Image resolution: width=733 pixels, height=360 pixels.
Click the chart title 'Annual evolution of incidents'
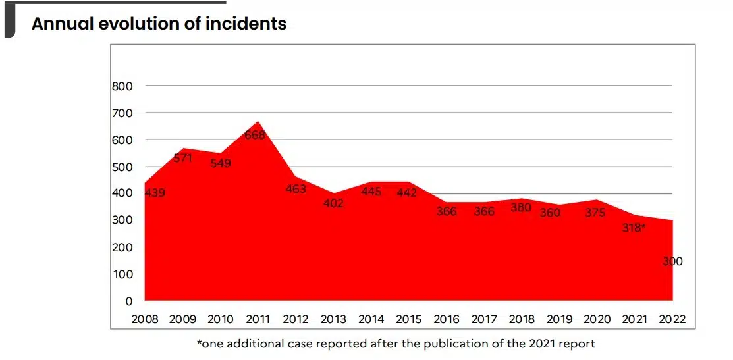pos(159,24)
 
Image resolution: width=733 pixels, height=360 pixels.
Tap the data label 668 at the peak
pos(255,136)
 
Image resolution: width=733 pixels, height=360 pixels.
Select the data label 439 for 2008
pos(155,193)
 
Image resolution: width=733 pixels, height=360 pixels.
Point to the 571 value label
pos(182,158)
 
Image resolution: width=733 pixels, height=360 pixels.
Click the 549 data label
pos(221,163)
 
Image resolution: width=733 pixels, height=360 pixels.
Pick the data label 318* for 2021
pos(634,228)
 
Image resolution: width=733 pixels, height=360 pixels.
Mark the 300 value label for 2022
pos(672,261)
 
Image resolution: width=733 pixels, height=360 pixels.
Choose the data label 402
pos(333,203)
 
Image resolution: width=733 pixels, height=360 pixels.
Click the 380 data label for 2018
pos(522,207)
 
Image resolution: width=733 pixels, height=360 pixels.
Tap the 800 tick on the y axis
pos(124,86)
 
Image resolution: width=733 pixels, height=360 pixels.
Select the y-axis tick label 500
pos(124,167)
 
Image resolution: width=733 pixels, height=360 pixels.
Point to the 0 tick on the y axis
pos(129,301)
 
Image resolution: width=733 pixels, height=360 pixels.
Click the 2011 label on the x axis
pos(258,320)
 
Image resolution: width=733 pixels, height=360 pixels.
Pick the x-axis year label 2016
pos(447,320)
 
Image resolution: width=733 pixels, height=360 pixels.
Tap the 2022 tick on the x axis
pos(672,320)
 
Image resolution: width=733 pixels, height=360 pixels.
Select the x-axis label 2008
pos(145,320)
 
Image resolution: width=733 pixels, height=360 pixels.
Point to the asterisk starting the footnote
pos(199,342)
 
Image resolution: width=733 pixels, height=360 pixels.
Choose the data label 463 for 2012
pos(296,189)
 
